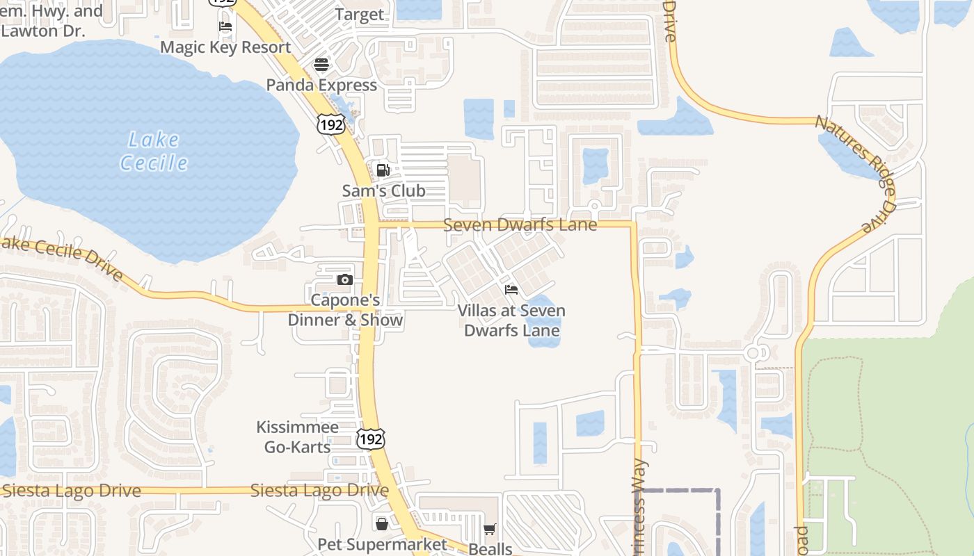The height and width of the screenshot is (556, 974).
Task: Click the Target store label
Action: (x=359, y=15)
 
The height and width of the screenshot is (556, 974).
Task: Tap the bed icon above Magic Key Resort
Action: (x=225, y=27)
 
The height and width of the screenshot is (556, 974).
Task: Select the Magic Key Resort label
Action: (x=225, y=47)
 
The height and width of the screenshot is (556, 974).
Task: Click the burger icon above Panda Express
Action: (x=321, y=65)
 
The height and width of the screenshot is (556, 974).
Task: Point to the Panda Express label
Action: (x=321, y=85)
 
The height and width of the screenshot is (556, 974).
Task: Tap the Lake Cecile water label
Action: (x=154, y=151)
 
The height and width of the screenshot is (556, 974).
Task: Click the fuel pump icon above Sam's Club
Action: (x=383, y=170)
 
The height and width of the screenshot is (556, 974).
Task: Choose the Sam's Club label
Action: (x=383, y=190)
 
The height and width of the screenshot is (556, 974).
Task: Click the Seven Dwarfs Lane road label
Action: (x=520, y=224)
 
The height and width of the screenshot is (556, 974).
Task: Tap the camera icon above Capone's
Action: (x=344, y=280)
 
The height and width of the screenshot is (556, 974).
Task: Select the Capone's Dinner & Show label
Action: (x=345, y=310)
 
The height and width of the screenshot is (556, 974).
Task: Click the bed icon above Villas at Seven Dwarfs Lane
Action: (x=511, y=290)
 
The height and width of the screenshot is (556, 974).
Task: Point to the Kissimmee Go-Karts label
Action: (x=297, y=436)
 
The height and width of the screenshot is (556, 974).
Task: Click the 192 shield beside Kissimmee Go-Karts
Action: (x=370, y=439)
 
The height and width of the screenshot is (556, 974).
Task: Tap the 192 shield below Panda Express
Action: (x=330, y=124)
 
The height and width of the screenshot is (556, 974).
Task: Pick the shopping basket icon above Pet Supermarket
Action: (x=382, y=523)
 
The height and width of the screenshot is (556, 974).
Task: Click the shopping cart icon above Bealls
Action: (x=490, y=530)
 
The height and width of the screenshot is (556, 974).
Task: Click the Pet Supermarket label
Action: (x=382, y=544)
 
